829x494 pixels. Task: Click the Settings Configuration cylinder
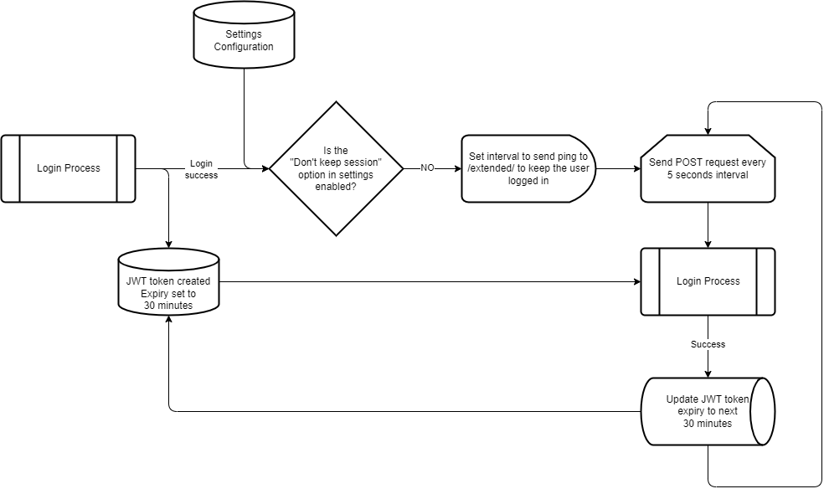244,40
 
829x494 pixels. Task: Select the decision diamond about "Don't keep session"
336,168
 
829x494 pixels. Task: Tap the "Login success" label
201,169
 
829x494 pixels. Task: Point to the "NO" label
427,167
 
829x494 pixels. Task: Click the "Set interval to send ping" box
528,168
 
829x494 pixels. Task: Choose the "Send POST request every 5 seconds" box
708,168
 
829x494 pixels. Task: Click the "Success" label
708,344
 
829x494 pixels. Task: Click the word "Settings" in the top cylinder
244,34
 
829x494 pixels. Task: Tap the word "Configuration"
244,47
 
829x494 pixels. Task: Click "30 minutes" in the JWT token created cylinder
168,306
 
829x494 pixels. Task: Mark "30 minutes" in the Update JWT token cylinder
708,424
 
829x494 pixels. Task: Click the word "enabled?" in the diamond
336,187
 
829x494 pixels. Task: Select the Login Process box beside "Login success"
68,168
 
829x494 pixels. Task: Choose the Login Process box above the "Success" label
708,281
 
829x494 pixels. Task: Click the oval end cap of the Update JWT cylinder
762,411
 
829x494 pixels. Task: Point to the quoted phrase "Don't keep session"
336,162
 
